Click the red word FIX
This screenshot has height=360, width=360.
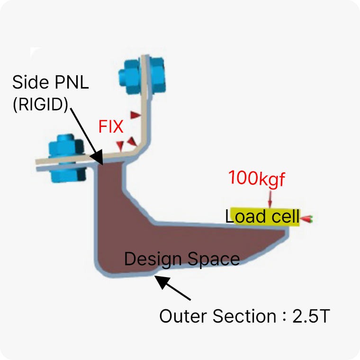coord(111,126)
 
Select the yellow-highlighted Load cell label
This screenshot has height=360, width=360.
coord(262,217)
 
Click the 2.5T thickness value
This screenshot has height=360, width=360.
coord(311,316)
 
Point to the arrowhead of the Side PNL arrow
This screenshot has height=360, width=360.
coord(100,161)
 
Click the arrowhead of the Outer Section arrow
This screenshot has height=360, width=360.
coord(161,280)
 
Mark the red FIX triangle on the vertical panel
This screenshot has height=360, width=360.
coord(136,115)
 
